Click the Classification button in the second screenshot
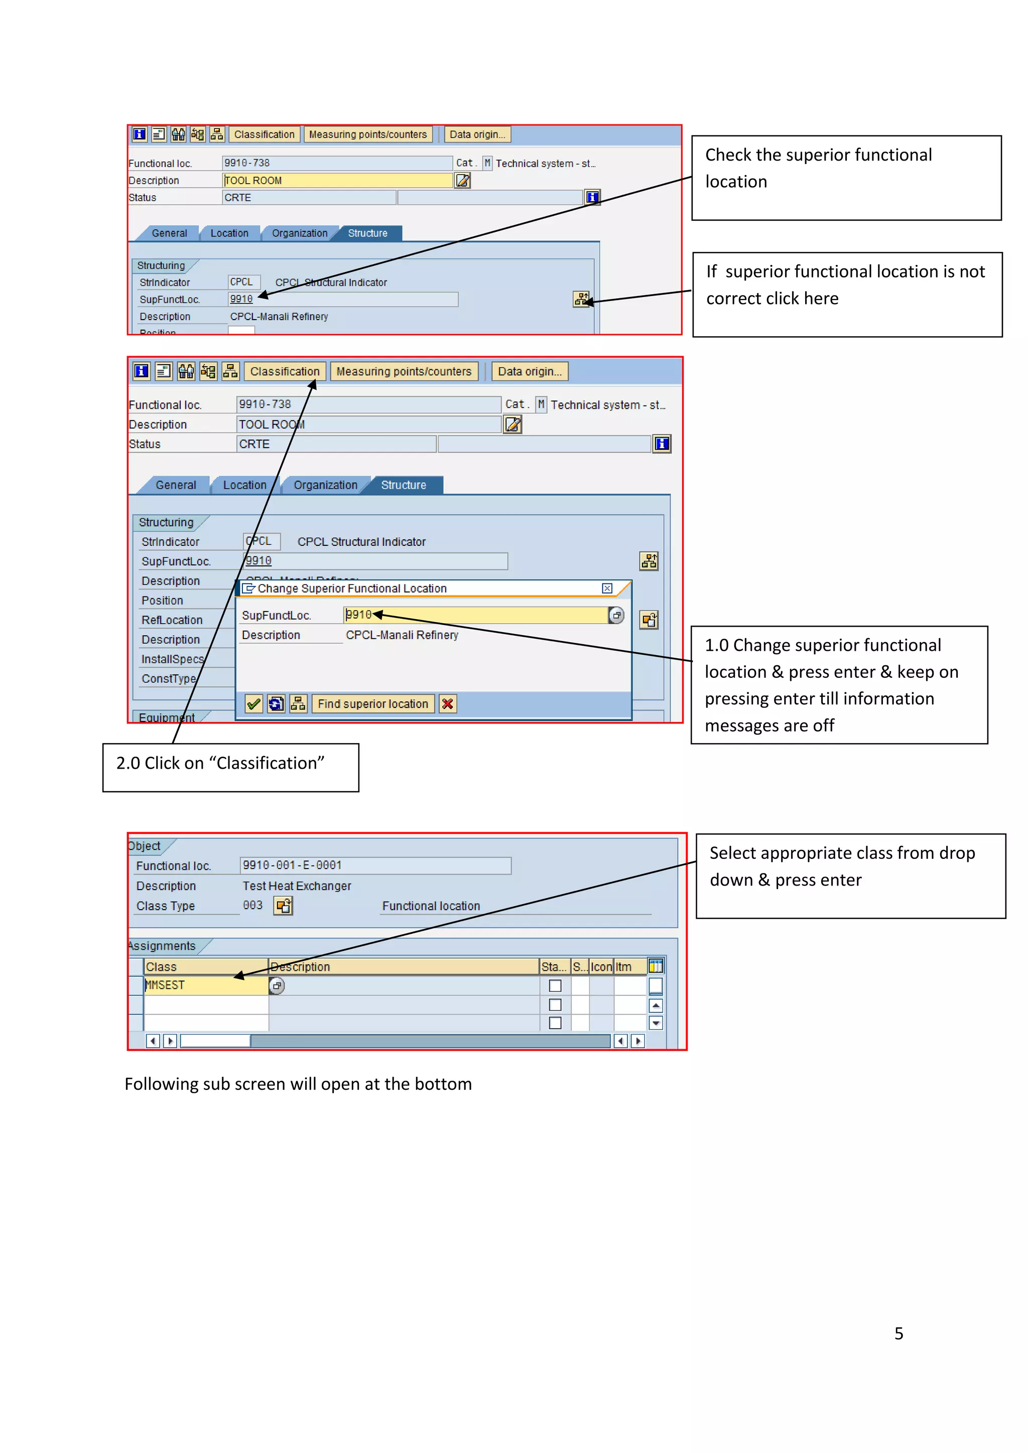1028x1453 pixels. click(x=284, y=371)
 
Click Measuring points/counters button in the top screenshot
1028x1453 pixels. click(x=368, y=134)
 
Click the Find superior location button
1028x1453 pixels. click(x=372, y=704)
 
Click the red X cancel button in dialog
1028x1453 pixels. click(x=448, y=704)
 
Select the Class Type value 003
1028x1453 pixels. click(x=252, y=906)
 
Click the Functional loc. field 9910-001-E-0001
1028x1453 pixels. click(x=375, y=865)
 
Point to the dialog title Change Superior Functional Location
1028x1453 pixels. click(x=352, y=589)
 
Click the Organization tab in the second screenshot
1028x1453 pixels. click(x=325, y=485)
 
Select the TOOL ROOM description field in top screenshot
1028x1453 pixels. click(x=337, y=180)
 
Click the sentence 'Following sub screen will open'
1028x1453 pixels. click(x=298, y=1084)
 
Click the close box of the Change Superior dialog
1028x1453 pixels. click(x=607, y=589)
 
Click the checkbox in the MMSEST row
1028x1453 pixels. click(x=555, y=986)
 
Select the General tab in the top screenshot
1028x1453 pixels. click(x=169, y=233)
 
